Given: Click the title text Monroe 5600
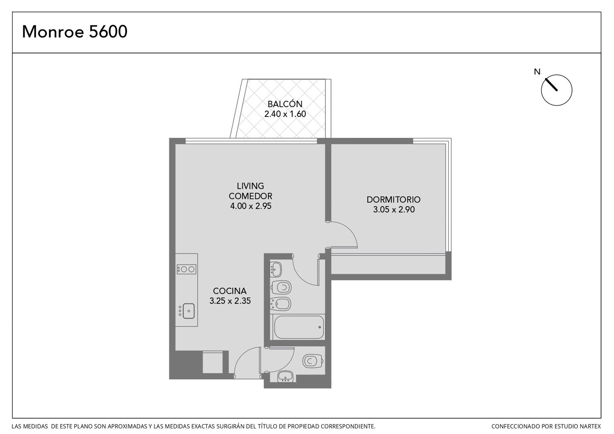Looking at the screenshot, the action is tap(75, 31).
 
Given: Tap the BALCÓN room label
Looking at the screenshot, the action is tap(285, 104).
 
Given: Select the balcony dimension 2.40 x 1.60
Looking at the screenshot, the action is tap(285, 114).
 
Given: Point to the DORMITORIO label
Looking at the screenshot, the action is tap(393, 199).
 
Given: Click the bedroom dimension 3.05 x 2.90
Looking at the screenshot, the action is tap(394, 209).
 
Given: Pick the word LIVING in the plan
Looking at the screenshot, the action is tap(250, 186).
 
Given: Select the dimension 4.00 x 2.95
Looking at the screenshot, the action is tap(250, 206).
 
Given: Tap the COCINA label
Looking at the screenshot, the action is tap(229, 291).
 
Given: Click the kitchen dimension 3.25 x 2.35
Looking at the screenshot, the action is tap(230, 301).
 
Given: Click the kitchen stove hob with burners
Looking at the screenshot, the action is tap(186, 269).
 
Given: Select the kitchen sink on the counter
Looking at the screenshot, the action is tap(188, 311).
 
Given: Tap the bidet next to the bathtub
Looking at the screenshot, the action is tap(280, 304).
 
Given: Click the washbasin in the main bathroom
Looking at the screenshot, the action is tap(276, 270).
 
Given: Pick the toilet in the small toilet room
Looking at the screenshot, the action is tap(313, 361).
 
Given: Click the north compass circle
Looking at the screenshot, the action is tap(556, 90).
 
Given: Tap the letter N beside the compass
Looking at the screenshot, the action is tap(537, 72).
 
